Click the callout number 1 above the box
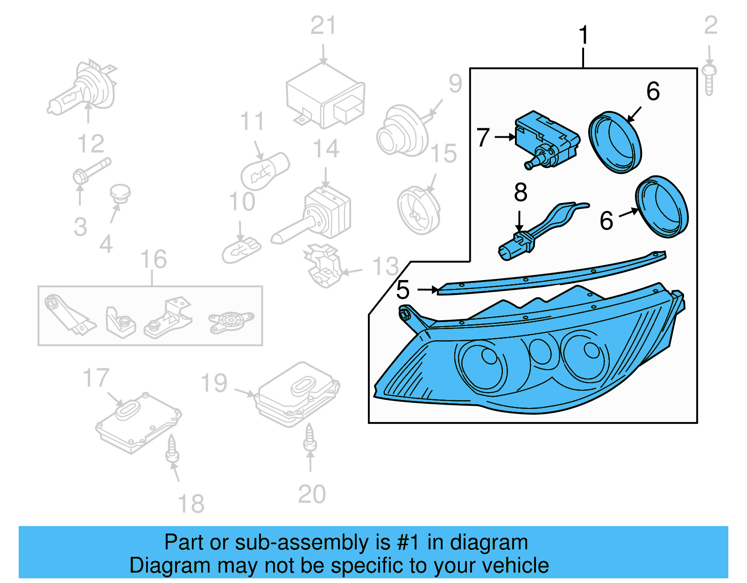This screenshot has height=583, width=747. [584, 35]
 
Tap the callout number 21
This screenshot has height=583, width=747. [323, 26]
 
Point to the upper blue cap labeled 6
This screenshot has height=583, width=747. [614, 142]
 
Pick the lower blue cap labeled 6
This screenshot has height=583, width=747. [662, 207]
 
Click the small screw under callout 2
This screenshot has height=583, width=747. [709, 79]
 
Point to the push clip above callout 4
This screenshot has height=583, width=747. [120, 193]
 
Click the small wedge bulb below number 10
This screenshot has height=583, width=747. [241, 250]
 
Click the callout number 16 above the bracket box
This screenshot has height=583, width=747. [153, 260]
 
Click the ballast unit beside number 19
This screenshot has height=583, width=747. [297, 394]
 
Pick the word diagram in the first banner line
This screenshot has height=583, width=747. [488, 542]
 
